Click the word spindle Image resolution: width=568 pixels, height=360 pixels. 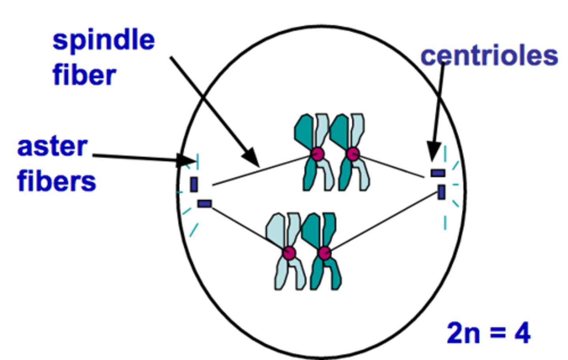click(103, 41)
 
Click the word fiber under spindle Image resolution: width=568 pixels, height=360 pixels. click(84, 75)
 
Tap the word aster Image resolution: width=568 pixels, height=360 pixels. click(52, 147)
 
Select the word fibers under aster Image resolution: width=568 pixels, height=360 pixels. click(56, 182)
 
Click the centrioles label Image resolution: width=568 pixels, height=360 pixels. click(489, 56)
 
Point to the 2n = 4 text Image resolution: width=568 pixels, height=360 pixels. click(488, 333)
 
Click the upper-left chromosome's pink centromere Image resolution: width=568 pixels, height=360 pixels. click(317, 154)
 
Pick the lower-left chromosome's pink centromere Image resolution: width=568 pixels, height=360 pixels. click(289, 253)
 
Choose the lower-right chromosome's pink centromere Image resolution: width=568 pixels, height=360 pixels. click(324, 253)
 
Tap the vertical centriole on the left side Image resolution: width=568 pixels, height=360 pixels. click(194, 184)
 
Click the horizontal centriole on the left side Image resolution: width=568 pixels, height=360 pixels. click(204, 204)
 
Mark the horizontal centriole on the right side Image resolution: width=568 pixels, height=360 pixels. click(437, 173)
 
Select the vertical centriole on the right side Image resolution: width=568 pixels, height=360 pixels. click(441, 192)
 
